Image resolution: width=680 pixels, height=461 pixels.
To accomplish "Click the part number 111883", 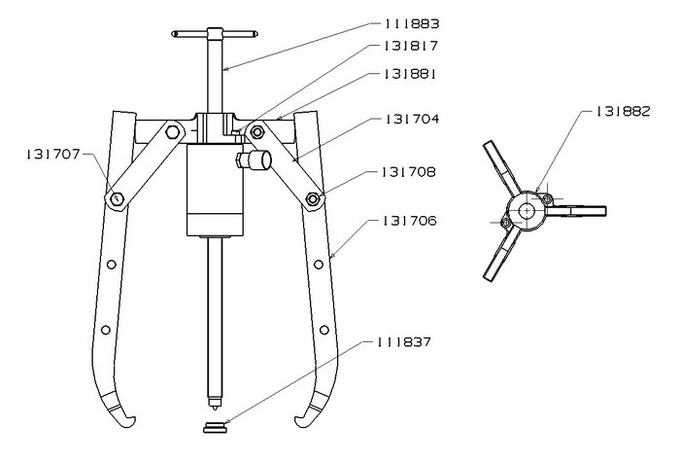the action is (x=411, y=24).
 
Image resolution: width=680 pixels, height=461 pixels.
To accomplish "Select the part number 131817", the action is (x=411, y=46).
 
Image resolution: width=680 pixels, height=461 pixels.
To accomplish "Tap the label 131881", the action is (x=409, y=74).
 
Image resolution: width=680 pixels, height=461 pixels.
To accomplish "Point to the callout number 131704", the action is (x=412, y=119).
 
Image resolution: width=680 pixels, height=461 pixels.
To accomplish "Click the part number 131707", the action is (x=53, y=154).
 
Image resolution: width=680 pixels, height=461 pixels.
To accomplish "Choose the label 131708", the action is (x=409, y=172).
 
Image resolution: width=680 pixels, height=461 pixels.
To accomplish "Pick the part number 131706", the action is (x=409, y=221).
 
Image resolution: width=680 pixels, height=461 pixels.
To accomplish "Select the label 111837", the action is (x=404, y=342).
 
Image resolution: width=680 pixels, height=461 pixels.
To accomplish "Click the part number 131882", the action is (x=624, y=112).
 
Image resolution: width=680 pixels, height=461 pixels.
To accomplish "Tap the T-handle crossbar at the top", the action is (x=215, y=34).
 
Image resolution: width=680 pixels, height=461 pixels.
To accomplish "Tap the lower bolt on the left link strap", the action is (x=116, y=199).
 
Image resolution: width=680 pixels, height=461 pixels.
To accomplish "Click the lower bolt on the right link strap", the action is (x=312, y=199).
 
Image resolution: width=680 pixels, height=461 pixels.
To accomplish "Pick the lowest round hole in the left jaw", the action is (x=105, y=330).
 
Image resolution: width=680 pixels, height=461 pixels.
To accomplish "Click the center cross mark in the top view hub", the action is (x=527, y=211).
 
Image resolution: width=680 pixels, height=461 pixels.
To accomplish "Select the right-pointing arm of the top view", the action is (x=576, y=211).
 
